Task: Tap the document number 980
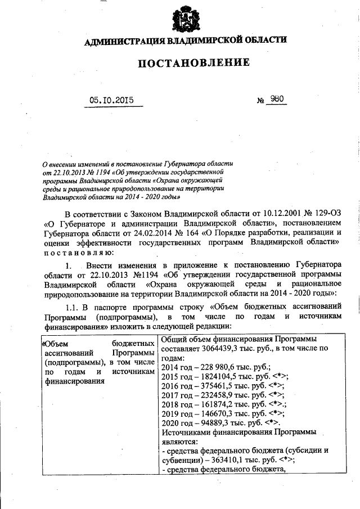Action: click(x=278, y=100)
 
